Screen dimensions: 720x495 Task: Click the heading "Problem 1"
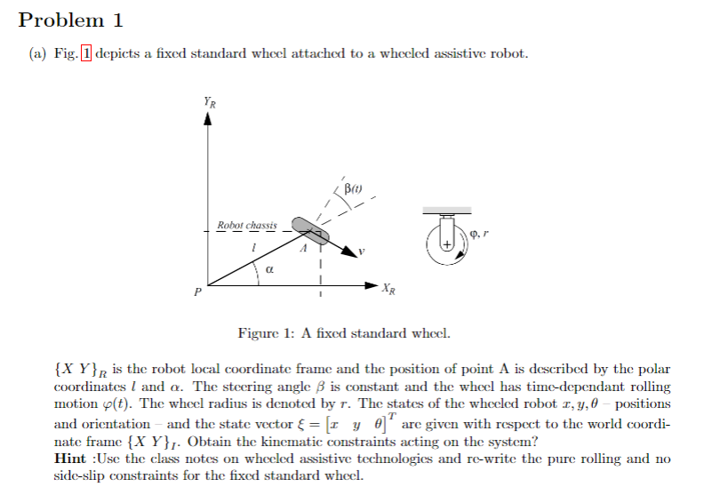[x=70, y=20]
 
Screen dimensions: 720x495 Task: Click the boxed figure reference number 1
[x=86, y=54]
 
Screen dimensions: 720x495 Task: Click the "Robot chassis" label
[x=247, y=226]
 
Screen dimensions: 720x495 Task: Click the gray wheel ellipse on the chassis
[x=305, y=229]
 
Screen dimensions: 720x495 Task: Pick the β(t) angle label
[x=353, y=188]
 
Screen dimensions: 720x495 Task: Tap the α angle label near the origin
[x=269, y=267]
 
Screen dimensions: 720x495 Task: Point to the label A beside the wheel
[x=303, y=250]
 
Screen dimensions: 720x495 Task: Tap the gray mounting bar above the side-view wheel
[x=446, y=211]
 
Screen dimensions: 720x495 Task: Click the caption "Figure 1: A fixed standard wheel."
[x=344, y=335]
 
